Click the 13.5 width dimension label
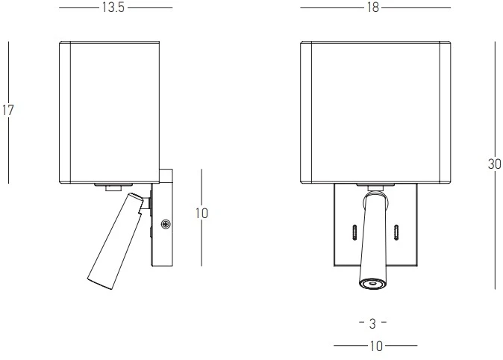[x=113, y=7]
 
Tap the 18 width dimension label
[x=373, y=7]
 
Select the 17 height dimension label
[x=7, y=110]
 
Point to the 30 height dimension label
[x=494, y=164]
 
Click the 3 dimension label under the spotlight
[x=372, y=323]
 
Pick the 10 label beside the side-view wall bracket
[x=201, y=214]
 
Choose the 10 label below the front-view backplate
[x=376, y=347]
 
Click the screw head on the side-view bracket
[x=166, y=224]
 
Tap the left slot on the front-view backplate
[x=354, y=232]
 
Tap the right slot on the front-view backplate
[x=396, y=232]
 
